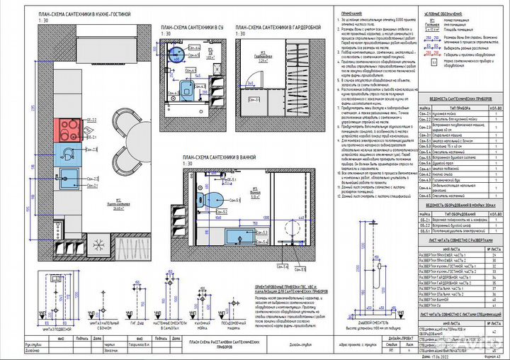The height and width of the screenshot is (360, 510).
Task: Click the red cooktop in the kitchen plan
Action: point(69,129)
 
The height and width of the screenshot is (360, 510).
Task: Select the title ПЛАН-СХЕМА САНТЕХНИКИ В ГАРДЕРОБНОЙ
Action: point(282,27)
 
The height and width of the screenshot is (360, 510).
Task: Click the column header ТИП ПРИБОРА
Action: point(453,107)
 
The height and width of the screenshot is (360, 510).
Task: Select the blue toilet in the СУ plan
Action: point(186,87)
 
